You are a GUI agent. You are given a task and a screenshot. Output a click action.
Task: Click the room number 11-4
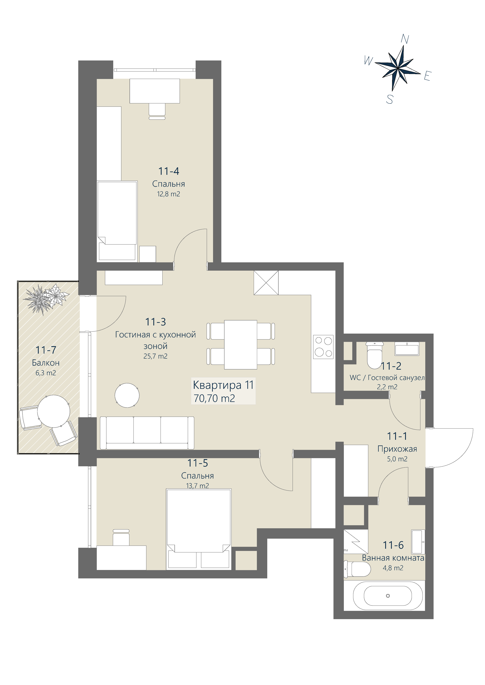(169, 171)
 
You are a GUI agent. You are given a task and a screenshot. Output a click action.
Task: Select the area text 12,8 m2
(169, 194)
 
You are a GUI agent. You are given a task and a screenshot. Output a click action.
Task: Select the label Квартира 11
(223, 385)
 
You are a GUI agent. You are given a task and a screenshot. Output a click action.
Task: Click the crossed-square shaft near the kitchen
(266, 283)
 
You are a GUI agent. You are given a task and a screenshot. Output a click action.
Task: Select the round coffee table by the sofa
(127, 395)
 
